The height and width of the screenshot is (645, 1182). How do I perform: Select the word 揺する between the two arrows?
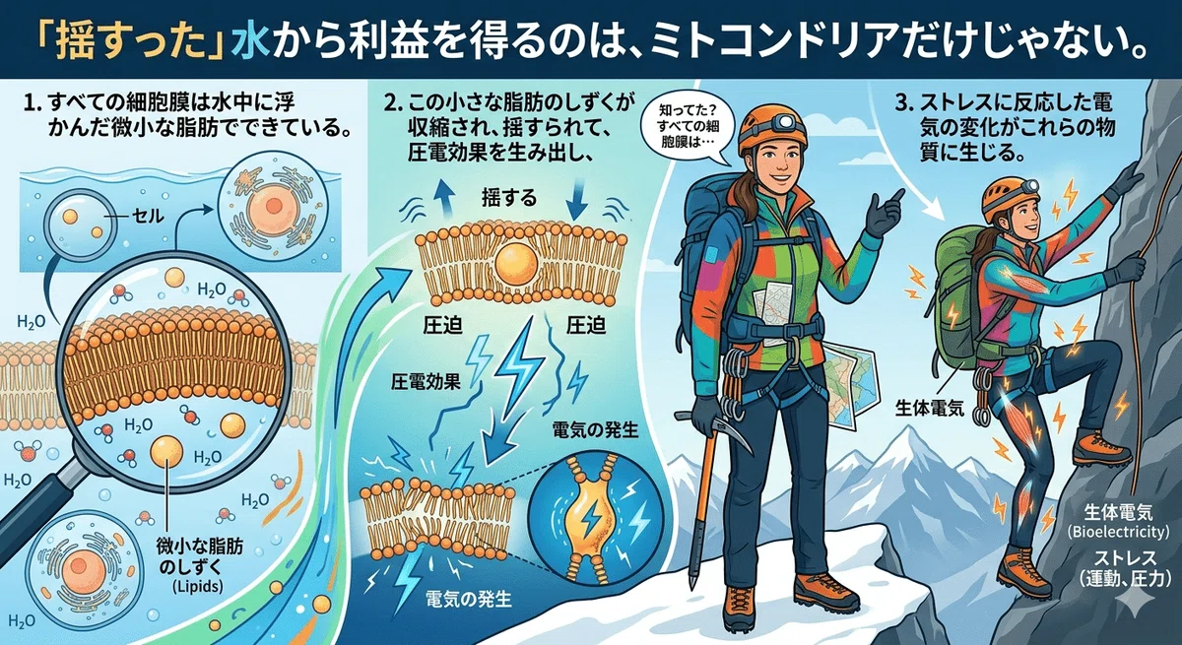point(509,198)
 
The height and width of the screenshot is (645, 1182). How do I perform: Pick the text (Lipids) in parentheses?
point(197,586)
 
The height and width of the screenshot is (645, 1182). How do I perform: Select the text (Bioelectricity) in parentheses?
point(1118,531)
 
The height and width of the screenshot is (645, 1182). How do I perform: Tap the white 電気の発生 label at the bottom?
point(468,599)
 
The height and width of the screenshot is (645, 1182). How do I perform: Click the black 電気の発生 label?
point(595,429)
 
